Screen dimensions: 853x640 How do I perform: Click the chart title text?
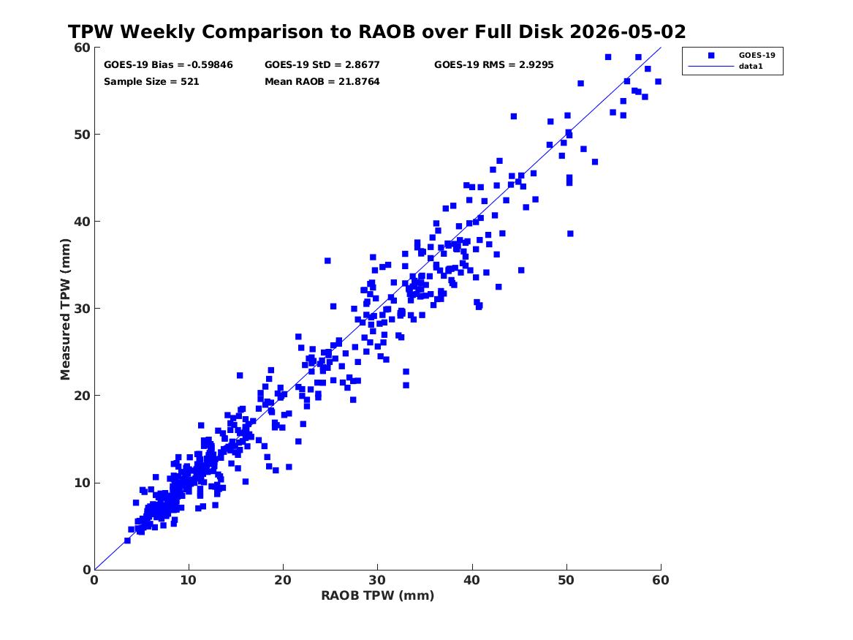tap(376, 31)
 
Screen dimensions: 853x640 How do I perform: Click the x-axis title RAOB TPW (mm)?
tap(378, 595)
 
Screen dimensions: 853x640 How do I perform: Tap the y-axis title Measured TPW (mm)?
tap(65, 309)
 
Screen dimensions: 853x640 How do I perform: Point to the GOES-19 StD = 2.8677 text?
tap(322, 65)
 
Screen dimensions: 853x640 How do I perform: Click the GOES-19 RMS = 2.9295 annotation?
tap(493, 65)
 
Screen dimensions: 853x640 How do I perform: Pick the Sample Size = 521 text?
tap(151, 82)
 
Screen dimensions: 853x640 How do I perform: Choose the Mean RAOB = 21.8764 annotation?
tap(322, 82)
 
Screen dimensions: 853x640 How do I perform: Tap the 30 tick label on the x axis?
tap(378, 580)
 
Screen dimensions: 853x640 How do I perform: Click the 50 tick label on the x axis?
tap(566, 580)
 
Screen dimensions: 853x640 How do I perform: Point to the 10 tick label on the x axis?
tap(189, 580)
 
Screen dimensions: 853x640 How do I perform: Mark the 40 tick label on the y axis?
tap(82, 222)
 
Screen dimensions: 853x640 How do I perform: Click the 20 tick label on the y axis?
tap(82, 396)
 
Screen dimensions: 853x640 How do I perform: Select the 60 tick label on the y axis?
tap(82, 48)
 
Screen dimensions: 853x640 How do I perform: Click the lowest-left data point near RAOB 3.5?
tap(127, 541)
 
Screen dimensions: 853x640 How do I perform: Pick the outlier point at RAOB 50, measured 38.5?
tap(570, 233)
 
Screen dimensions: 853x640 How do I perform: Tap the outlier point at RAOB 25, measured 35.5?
tap(327, 260)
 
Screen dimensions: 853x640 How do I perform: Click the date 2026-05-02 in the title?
tap(628, 31)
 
